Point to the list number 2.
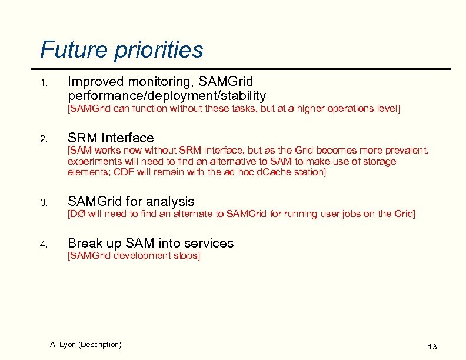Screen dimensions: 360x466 [43, 139]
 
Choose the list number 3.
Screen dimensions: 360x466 [43, 203]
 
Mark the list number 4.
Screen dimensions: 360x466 [43, 244]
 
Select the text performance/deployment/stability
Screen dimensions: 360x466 [167, 95]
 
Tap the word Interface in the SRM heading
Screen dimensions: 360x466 [128, 138]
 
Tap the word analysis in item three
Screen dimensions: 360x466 [169, 202]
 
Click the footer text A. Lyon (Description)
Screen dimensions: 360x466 [86, 344]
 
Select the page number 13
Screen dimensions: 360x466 [432, 346]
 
